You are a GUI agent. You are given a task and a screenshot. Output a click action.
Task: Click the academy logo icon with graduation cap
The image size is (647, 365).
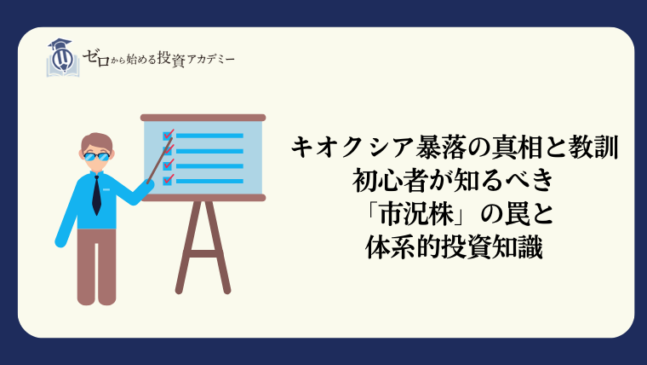[x=63, y=58]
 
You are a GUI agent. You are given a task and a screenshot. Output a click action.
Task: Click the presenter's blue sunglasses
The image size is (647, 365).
[x=96, y=157]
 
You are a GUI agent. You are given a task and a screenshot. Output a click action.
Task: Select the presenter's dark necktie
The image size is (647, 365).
[x=96, y=195]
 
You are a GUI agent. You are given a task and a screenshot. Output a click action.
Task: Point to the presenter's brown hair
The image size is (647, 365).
[x=96, y=142]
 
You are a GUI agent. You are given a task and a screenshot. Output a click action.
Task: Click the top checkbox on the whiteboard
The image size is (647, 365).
[x=168, y=136]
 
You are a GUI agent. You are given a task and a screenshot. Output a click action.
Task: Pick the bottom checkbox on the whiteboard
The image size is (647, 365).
[x=168, y=181]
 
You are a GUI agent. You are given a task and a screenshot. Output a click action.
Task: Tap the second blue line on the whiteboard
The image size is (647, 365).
[x=209, y=151]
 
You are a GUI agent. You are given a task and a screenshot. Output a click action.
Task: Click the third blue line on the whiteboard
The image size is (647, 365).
[x=209, y=165]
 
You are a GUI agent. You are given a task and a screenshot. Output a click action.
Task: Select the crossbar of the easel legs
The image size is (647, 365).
[x=203, y=253]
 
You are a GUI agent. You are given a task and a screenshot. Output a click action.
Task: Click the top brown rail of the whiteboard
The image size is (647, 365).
[x=203, y=118]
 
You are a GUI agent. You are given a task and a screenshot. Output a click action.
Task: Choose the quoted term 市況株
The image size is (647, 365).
[x=417, y=215]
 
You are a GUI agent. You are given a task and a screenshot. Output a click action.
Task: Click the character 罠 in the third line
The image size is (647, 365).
[x=517, y=215]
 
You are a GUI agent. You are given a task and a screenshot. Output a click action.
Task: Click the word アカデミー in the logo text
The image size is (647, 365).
[x=211, y=60]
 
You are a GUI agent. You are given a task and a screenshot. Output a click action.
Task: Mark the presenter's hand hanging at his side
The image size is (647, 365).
[x=60, y=242]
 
